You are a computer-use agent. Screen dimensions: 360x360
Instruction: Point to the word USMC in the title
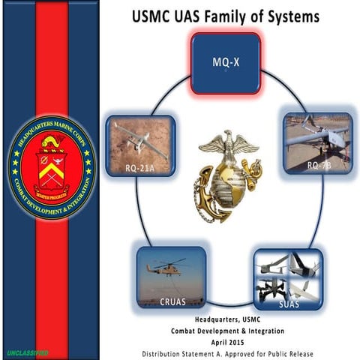154,15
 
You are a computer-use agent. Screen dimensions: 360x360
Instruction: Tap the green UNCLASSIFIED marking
27,352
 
